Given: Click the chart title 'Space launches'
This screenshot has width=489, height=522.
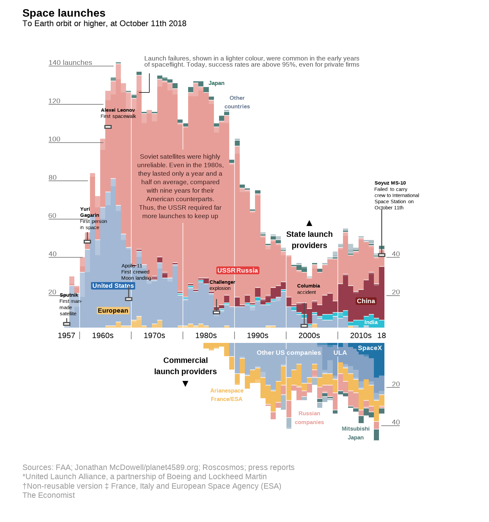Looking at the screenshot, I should tap(64, 13).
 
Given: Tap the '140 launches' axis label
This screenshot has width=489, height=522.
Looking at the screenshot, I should tap(70, 63).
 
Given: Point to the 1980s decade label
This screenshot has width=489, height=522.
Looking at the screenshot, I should tap(206, 335).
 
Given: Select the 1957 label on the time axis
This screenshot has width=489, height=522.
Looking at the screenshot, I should tap(66, 335).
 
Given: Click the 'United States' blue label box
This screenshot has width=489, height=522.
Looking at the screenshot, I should tap(113, 286).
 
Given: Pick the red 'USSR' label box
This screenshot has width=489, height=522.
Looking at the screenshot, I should tap(227, 271).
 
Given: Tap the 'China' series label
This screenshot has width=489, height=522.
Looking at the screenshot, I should tap(366, 301).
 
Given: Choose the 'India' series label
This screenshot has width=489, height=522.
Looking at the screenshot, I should tap(371, 322).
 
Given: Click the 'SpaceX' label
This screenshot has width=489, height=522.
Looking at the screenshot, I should tap(370, 348).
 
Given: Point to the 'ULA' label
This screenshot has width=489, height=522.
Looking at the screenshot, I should tap(340, 353).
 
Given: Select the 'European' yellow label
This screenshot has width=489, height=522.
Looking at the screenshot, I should tap(113, 311).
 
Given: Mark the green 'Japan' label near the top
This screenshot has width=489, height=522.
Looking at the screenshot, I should tap(216, 83).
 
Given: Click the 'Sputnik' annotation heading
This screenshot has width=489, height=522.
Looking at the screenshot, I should tap(69, 295).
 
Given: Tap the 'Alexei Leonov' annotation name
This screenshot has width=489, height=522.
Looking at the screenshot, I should tap(118, 110).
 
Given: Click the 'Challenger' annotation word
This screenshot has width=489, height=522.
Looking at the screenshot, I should tap(222, 282).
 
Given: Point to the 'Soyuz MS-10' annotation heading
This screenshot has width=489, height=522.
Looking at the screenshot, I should tap(390, 183).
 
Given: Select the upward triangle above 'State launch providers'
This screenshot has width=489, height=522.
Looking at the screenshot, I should tap(309, 223).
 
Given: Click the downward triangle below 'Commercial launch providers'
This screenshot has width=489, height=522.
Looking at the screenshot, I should tap(185, 384).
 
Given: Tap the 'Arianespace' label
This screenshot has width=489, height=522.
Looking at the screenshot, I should tap(227, 391).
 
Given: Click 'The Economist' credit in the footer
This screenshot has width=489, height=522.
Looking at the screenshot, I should tap(49, 495).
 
